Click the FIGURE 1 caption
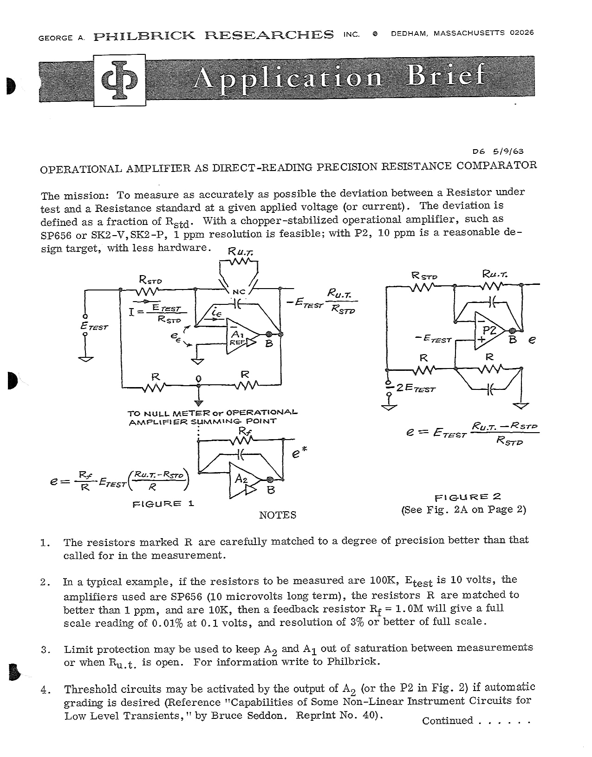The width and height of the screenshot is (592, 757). [x=163, y=504]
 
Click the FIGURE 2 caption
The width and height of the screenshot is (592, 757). [x=468, y=497]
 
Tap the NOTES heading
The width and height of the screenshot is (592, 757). [x=278, y=515]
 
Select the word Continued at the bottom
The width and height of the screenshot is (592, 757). [x=448, y=721]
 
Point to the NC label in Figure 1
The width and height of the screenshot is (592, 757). [x=238, y=291]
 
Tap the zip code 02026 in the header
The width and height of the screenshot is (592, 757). [x=521, y=33]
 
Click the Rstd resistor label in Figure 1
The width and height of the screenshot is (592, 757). [x=150, y=280]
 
